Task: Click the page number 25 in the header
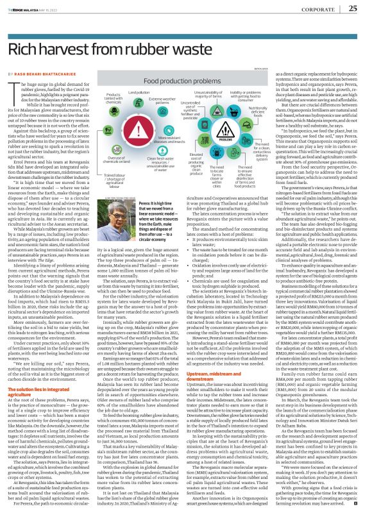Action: click(353, 8)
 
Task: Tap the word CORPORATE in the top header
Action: click(323, 9)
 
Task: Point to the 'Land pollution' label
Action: click(139, 94)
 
